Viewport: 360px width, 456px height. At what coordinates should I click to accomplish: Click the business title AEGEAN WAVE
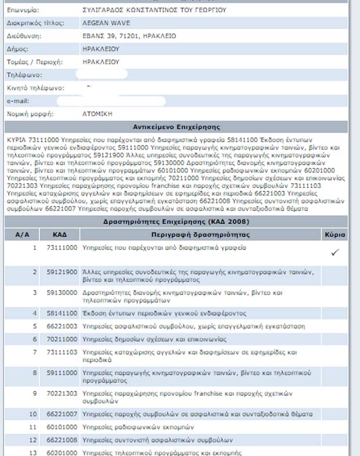pyautogui.click(x=106, y=23)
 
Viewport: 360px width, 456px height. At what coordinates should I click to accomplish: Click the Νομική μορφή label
pyautogui.click(x=30, y=114)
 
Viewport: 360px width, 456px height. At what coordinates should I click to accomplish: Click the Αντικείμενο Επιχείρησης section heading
pyautogui.click(x=179, y=127)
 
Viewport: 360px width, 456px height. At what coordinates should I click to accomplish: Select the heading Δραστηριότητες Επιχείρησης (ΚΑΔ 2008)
pyautogui.click(x=179, y=222)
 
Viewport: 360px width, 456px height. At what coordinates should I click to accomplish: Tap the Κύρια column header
pyautogui.click(x=336, y=235)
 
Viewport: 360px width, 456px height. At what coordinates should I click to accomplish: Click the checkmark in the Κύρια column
pyautogui.click(x=334, y=253)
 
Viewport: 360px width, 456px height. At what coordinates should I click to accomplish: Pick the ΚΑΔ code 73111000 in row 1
pyautogui.click(x=61, y=248)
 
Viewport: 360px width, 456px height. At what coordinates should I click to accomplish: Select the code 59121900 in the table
pyautogui.click(x=61, y=272)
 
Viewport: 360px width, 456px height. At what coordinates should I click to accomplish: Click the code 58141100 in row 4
pyautogui.click(x=61, y=314)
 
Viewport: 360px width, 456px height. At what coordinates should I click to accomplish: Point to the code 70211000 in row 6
pyautogui.click(x=61, y=339)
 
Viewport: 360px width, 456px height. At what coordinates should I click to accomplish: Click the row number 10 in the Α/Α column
pyautogui.click(x=33, y=414)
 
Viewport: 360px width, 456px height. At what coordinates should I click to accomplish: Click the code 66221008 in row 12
pyautogui.click(x=61, y=440)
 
